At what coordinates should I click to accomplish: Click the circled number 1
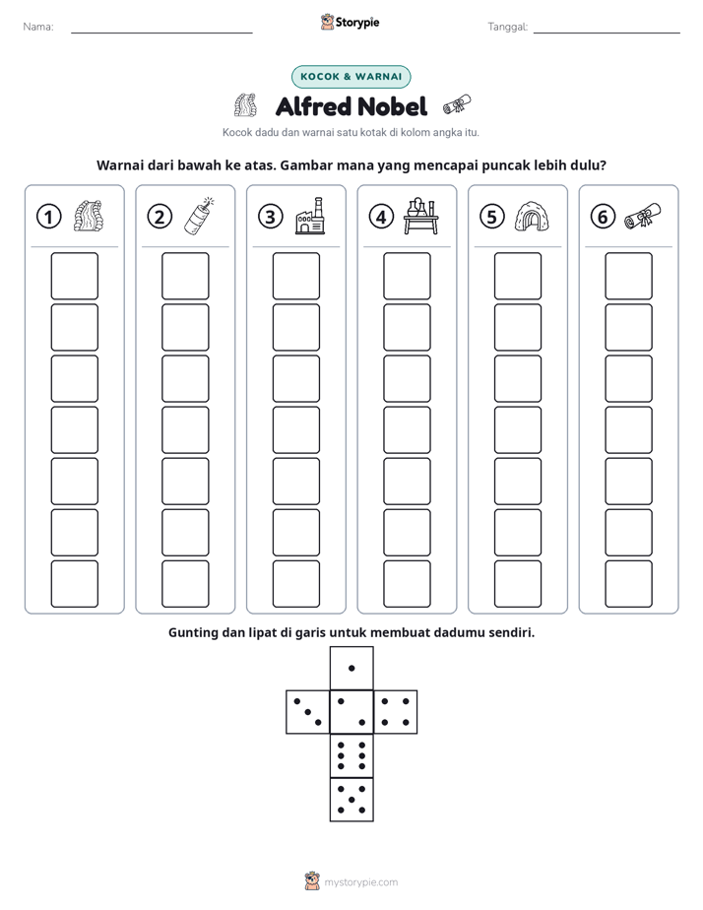pyautogui.click(x=48, y=217)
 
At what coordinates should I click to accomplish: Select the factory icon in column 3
pyautogui.click(x=310, y=216)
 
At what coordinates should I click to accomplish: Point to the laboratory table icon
pyautogui.click(x=421, y=216)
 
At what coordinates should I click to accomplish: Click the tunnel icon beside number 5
pyautogui.click(x=532, y=217)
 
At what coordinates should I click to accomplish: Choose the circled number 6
pyautogui.click(x=603, y=217)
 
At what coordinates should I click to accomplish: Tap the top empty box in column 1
pyautogui.click(x=75, y=276)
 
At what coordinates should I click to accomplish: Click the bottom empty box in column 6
pyautogui.click(x=629, y=584)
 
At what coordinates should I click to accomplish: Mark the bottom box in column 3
pyautogui.click(x=296, y=584)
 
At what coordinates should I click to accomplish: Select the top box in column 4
pyautogui.click(x=408, y=276)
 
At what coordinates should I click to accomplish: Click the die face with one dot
pyautogui.click(x=351, y=668)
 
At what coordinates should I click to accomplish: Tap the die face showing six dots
pyautogui.click(x=351, y=755)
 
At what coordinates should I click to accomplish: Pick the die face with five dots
pyautogui.click(x=351, y=799)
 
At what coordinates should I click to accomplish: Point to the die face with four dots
pyautogui.click(x=396, y=711)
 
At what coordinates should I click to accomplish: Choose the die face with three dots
pyautogui.click(x=308, y=711)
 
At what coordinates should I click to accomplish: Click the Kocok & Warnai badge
pyautogui.click(x=351, y=77)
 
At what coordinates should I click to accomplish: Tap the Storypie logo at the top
pyautogui.click(x=351, y=23)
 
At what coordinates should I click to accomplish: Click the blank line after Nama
pyautogui.click(x=161, y=32)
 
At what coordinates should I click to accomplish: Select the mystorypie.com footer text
pyautogui.click(x=360, y=882)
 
